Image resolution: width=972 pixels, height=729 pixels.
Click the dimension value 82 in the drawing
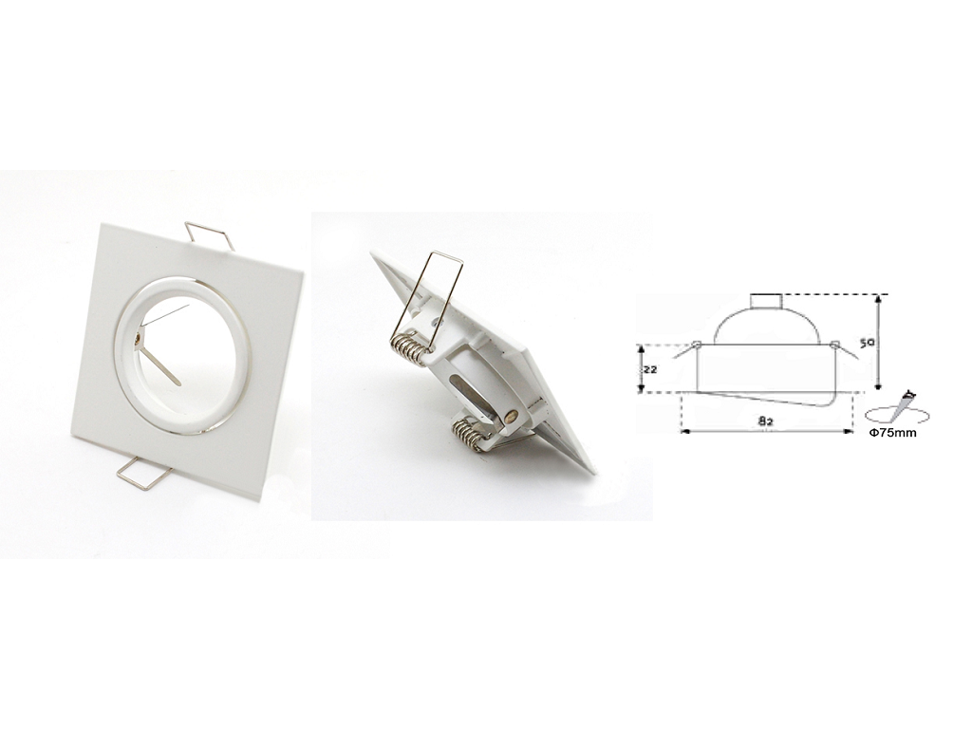765,420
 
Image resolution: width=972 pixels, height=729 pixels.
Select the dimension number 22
649,368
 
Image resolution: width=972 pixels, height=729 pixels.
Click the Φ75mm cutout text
892,433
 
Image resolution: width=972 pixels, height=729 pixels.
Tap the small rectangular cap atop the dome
767,301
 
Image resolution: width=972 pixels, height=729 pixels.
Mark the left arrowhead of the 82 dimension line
685,431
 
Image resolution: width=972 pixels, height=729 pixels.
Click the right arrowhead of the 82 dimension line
850,431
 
